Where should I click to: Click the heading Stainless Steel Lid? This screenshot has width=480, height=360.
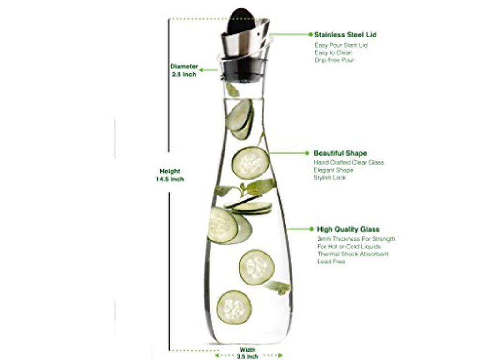pos(345,35)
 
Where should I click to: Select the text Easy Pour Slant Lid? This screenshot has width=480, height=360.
pos(341,45)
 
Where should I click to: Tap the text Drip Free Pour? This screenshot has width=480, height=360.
pos(334,60)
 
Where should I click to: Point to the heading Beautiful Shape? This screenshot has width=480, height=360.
pos(340,153)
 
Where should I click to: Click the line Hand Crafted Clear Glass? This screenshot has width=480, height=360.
pos(349,163)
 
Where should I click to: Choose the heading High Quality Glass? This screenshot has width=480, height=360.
pos(348,229)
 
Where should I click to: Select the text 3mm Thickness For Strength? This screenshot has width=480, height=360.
pos(356,239)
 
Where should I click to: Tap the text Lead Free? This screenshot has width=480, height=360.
pos(331,262)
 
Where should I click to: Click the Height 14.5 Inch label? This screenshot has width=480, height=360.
pos(170,175)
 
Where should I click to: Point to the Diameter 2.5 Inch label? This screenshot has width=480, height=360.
pos(184,70)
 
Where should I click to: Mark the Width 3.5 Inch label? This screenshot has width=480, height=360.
pos(247,352)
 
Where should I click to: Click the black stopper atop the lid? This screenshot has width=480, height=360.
pos(242,22)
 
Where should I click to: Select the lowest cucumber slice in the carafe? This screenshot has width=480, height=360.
pos(234,307)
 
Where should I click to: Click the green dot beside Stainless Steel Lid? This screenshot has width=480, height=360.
pos(311,34)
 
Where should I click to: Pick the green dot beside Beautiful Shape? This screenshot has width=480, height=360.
pos(307,153)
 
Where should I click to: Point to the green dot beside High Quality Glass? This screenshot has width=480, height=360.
pos(311,229)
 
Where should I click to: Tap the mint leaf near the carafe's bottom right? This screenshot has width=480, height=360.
pos(277,288)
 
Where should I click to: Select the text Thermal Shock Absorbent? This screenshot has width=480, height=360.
pos(353,254)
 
